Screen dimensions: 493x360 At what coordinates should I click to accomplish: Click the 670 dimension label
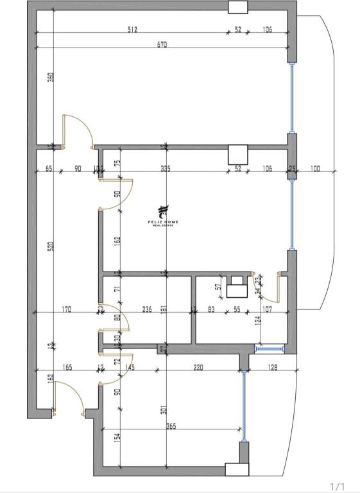coord(162,44)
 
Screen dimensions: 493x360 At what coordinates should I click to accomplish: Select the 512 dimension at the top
coord(133,30)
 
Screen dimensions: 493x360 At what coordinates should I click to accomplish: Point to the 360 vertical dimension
coord(51,77)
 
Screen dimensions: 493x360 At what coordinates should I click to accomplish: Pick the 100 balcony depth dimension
coord(315,168)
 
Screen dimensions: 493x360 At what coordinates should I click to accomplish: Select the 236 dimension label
coord(147,309)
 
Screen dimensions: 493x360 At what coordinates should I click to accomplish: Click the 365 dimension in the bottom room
coord(171,426)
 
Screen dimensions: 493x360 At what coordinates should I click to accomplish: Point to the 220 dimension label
coord(198,367)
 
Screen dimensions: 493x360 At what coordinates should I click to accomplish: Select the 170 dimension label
coord(67,309)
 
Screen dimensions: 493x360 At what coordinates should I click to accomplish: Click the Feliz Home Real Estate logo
coord(163,216)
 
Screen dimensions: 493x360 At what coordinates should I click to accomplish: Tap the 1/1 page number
coord(338,486)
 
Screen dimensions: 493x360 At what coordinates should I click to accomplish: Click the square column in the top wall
coord(238,7)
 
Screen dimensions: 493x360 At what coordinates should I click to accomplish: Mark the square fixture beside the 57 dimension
coord(239,287)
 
